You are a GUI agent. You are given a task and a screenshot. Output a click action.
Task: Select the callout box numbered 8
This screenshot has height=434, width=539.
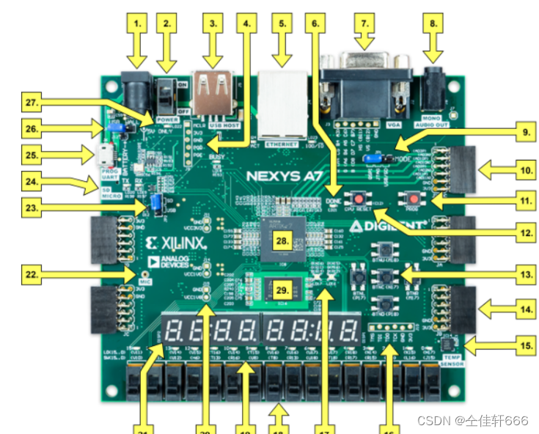433,23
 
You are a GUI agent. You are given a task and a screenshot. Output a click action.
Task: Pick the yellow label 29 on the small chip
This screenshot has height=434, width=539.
279,289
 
